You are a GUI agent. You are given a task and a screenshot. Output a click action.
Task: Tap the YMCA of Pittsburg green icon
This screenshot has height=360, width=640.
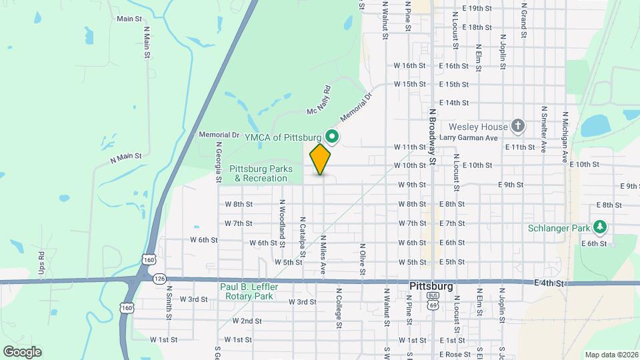coord(332,137)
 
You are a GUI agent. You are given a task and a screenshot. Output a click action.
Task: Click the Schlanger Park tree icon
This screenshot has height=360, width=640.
coord(601,228)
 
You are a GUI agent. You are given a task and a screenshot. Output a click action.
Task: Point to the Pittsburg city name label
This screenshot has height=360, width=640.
coord(431,285)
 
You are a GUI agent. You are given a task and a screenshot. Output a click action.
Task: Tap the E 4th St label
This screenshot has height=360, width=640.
coord(550,283)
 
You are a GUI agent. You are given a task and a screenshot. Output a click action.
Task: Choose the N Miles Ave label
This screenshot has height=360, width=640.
coord(323,255)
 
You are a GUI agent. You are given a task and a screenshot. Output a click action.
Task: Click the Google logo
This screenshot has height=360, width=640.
coord(22,352)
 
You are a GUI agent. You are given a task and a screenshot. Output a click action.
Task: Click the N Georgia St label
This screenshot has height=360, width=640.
coord(218,162)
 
